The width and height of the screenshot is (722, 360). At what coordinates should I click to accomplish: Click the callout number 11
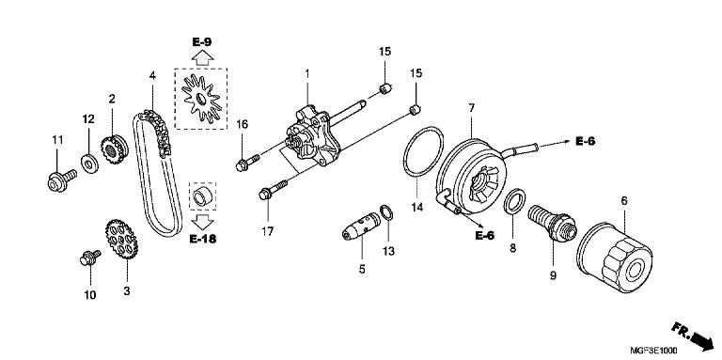(57, 139)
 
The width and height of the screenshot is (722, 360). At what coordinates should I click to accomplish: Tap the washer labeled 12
(89, 162)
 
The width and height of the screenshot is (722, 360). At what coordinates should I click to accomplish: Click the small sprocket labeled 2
(114, 149)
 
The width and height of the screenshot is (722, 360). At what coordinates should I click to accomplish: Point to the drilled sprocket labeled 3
(121, 240)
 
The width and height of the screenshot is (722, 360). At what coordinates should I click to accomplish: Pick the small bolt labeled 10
(90, 258)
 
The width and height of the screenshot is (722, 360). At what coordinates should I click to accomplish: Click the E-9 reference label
(202, 42)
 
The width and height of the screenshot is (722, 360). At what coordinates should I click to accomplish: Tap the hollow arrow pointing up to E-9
(202, 58)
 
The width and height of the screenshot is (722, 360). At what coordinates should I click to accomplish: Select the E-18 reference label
(203, 239)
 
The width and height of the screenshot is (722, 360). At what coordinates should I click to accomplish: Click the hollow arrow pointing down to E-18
(203, 222)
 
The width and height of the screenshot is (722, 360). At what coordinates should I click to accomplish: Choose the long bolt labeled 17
(273, 190)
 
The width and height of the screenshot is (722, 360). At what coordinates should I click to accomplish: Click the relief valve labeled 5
(361, 226)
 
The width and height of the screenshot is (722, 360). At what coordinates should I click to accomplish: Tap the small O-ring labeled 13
(386, 213)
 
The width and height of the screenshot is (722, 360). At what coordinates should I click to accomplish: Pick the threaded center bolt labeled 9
(552, 223)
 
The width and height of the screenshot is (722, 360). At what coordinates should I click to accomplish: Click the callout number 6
(624, 201)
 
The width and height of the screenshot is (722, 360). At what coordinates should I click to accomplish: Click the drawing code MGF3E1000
(653, 351)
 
